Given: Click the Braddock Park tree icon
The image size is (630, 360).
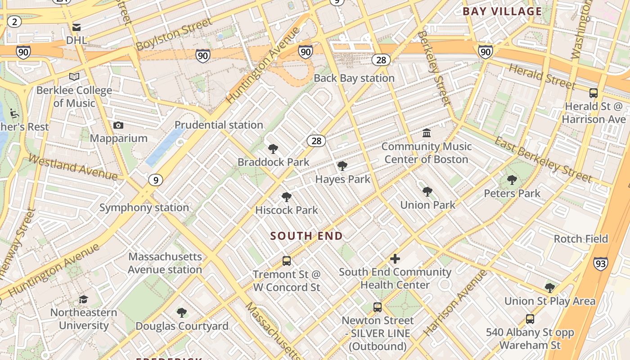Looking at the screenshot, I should coord(273,149).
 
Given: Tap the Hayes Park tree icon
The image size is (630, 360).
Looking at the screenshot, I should coord(342,166).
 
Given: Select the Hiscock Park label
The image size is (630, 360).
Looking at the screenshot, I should coord(287,210).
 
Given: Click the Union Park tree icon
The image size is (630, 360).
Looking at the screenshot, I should coord(427,192).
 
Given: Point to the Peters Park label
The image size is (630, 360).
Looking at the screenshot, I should coord(512,193).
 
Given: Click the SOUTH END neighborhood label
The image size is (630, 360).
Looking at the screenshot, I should coord(306,236).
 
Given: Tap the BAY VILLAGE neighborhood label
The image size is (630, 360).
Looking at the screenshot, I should coord(502,12).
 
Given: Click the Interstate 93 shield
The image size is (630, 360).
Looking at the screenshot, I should coord(600,263).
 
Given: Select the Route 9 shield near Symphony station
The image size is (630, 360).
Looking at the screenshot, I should coord(155,180).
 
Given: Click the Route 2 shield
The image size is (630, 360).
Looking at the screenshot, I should coord(14,22).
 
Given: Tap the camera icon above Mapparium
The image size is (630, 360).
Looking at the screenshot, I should coord(118,125).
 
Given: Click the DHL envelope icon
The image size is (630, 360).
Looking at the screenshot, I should coord(76,27).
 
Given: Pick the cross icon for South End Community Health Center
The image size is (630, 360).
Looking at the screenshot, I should coord(395,259).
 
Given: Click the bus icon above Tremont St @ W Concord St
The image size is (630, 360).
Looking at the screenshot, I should coord(286,261).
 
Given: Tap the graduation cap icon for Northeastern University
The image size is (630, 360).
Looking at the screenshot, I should coord(83,299).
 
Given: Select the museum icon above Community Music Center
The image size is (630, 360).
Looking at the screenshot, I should coord(427,133).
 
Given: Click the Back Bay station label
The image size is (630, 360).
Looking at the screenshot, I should coord(354,78).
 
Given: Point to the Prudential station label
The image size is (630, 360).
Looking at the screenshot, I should coord(219,125).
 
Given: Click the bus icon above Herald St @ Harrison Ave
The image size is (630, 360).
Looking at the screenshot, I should coord(594,93).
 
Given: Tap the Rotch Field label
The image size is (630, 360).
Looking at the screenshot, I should coord(580,239).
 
